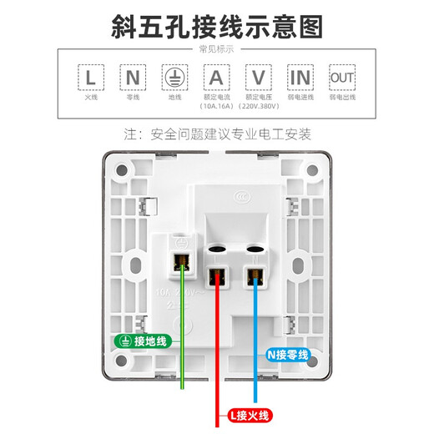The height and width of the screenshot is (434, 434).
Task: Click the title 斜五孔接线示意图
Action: (217, 26)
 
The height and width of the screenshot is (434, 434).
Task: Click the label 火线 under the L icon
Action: (93, 98)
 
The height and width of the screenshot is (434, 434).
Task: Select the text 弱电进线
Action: (300, 98)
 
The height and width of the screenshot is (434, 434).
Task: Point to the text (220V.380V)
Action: (259, 107)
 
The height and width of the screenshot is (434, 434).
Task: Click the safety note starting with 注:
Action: (217, 134)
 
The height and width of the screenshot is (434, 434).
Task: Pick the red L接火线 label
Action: (245, 415)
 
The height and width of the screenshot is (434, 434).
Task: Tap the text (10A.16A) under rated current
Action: (217, 107)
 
